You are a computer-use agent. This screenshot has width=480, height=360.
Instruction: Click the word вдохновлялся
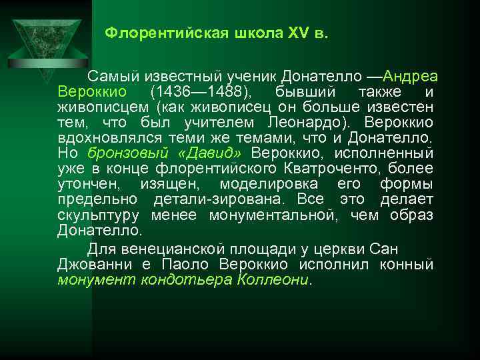99,139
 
